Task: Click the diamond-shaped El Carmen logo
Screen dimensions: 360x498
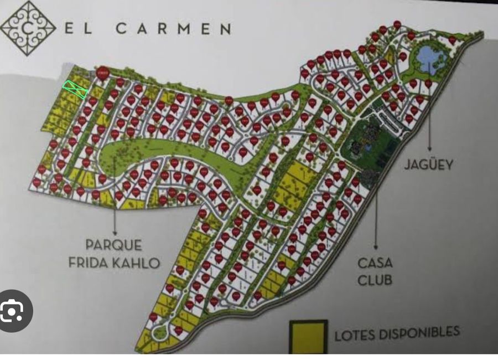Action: tap(28, 28)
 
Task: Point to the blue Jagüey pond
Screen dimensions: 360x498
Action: tap(426, 56)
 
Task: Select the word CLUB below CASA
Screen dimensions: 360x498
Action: tap(375, 280)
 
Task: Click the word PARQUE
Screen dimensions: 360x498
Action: tap(114, 245)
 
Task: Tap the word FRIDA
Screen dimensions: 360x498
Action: tap(90, 262)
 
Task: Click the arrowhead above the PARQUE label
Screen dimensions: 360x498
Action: tap(115, 229)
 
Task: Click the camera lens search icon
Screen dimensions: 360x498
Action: tap(12, 312)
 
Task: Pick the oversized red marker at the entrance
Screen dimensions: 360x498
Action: tap(102, 73)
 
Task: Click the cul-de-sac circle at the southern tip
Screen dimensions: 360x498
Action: tap(160, 332)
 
